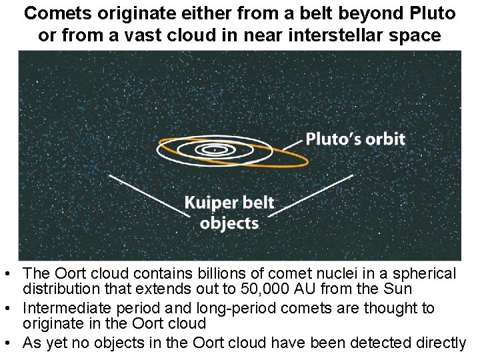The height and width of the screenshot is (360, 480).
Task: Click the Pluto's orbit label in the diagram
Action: point(355,139)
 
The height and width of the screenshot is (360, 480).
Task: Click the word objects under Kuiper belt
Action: point(229,222)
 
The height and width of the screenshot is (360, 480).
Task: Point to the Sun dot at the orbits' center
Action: point(215,150)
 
